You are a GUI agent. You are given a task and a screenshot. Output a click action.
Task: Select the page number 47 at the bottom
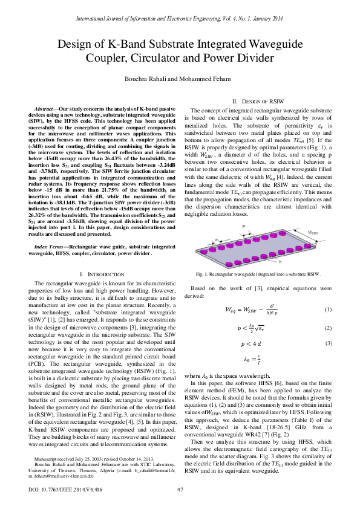point(180,488)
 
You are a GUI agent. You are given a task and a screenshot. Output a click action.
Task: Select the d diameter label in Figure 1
point(216,239)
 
